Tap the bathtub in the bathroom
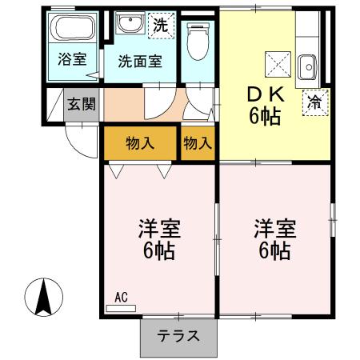74,28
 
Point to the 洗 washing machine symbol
161,25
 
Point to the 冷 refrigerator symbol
316,102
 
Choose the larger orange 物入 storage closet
139,143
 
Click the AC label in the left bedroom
121,297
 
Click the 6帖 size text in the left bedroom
159,251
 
